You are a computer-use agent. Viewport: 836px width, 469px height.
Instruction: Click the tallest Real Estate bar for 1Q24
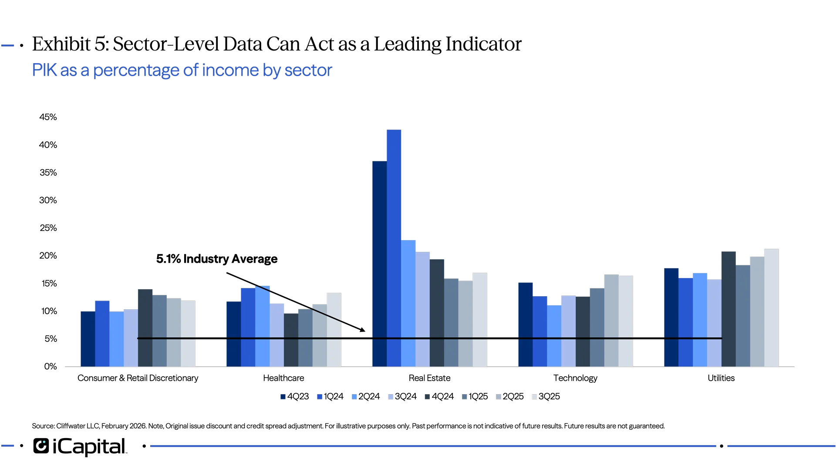[x=394, y=248]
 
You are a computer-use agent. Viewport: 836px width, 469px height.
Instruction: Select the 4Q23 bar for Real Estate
[x=379, y=263]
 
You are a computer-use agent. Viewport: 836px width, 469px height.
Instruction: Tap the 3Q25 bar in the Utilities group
[x=772, y=307]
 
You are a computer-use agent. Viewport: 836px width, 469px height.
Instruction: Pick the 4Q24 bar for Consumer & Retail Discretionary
[x=145, y=328]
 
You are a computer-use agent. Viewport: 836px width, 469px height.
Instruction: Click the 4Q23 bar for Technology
[x=525, y=324]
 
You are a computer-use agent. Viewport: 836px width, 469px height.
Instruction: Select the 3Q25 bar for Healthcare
[x=334, y=329]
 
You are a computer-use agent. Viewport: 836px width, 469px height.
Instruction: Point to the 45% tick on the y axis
[x=48, y=117]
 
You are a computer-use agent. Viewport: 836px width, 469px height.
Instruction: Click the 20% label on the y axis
[x=48, y=256]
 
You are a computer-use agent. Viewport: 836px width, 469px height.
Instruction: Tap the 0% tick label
[x=51, y=366]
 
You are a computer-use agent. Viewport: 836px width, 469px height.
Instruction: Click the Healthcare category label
[x=284, y=378]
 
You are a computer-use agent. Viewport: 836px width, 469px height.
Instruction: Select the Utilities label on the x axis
[x=721, y=378]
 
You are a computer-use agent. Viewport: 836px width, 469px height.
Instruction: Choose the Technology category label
[x=576, y=378]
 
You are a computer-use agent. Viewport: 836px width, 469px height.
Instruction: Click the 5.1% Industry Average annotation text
[x=217, y=259]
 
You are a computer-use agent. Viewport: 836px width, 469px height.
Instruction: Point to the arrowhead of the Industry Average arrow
[x=364, y=331]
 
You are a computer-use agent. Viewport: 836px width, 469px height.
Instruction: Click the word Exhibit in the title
[x=62, y=44]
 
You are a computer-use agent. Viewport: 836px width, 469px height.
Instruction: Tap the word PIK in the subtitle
[x=44, y=70]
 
